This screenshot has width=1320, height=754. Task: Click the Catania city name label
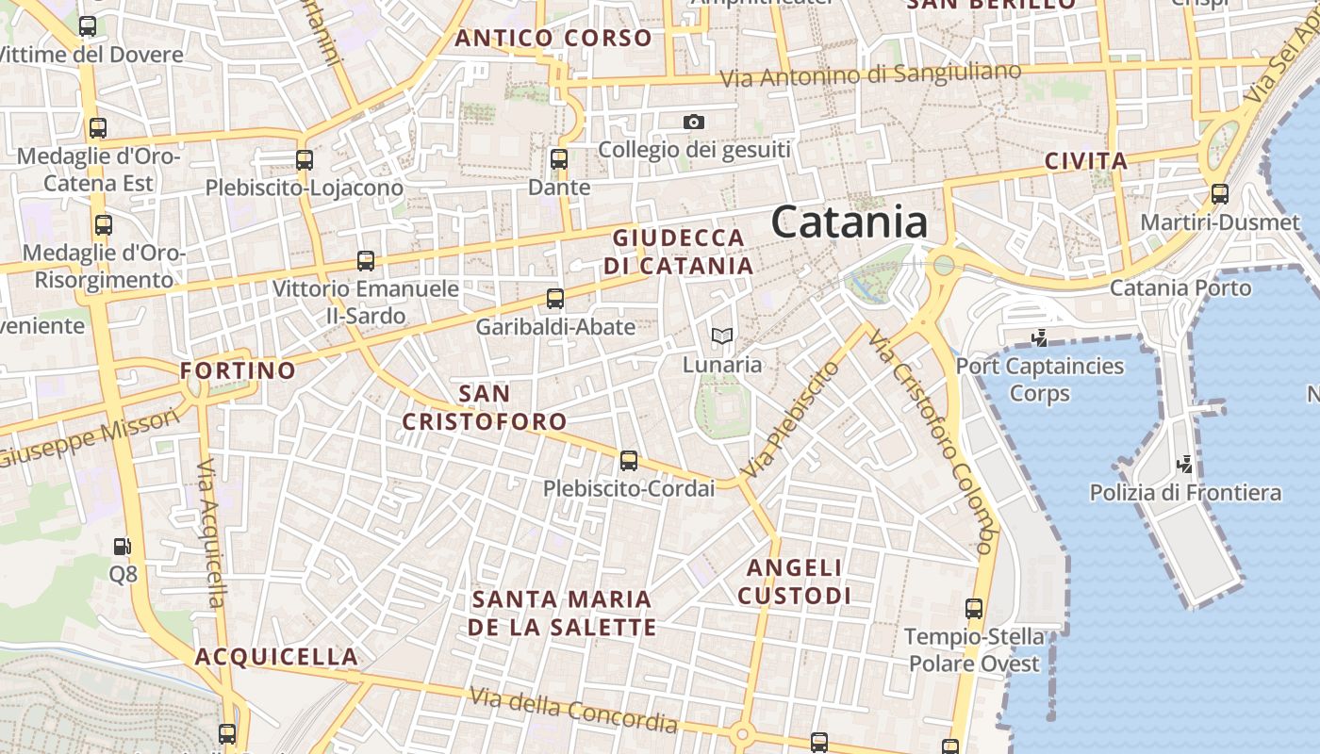click(x=849, y=222)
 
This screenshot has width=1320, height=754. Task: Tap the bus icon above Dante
click(x=559, y=159)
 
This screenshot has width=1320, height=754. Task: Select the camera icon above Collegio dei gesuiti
click(x=694, y=122)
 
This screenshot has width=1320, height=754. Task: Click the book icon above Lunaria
click(x=722, y=336)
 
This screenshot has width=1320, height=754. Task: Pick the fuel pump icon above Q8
click(x=123, y=546)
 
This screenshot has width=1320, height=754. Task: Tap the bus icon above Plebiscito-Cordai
click(x=629, y=461)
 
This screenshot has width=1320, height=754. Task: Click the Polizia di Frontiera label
click(x=1185, y=492)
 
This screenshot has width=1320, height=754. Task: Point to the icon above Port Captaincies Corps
click(x=1040, y=337)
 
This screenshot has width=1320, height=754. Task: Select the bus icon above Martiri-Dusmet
click(x=1220, y=194)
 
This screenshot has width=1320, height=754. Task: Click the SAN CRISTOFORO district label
click(x=485, y=407)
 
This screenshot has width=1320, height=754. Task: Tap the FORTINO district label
click(x=238, y=370)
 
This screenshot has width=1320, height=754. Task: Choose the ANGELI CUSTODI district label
click(x=794, y=582)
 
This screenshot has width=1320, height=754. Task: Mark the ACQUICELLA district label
click(x=276, y=657)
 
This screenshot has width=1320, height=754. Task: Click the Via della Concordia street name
click(x=573, y=710)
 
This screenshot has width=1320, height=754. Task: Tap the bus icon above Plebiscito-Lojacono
click(x=305, y=160)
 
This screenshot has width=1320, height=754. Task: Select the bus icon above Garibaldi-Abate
click(x=555, y=299)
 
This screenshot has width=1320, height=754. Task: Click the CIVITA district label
click(x=1086, y=161)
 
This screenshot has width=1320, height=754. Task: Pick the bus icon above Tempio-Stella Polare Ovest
click(x=974, y=609)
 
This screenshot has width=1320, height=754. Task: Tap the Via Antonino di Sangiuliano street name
click(x=870, y=75)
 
